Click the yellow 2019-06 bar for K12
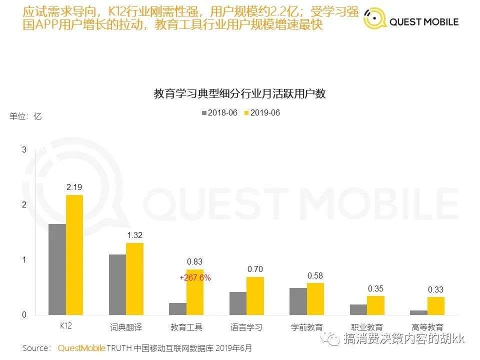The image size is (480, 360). (x=74, y=255)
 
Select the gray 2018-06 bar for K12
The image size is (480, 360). (x=57, y=269)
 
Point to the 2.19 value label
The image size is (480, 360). (x=74, y=187)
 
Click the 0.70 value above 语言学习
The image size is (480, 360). (x=255, y=269)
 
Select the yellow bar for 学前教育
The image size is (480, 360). (x=315, y=299)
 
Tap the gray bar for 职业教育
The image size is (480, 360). (x=358, y=309)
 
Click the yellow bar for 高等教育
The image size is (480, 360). (x=436, y=306)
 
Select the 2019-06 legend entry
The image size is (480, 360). (x=262, y=113)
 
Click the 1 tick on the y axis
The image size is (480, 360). (x=24, y=260)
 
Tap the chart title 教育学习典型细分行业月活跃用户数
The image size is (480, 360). (x=239, y=93)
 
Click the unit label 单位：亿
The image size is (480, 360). (x=26, y=116)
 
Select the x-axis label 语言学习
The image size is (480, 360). (x=246, y=327)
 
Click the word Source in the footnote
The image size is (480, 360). (x=36, y=347)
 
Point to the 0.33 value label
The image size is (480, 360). (x=435, y=289)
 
